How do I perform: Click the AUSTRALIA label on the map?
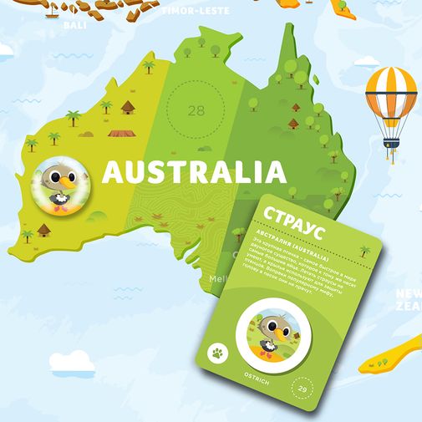point(193,173)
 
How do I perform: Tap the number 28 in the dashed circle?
point(196,110)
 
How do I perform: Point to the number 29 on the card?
point(303,389)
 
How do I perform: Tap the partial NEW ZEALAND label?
point(408,300)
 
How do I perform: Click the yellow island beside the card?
point(393,351)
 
